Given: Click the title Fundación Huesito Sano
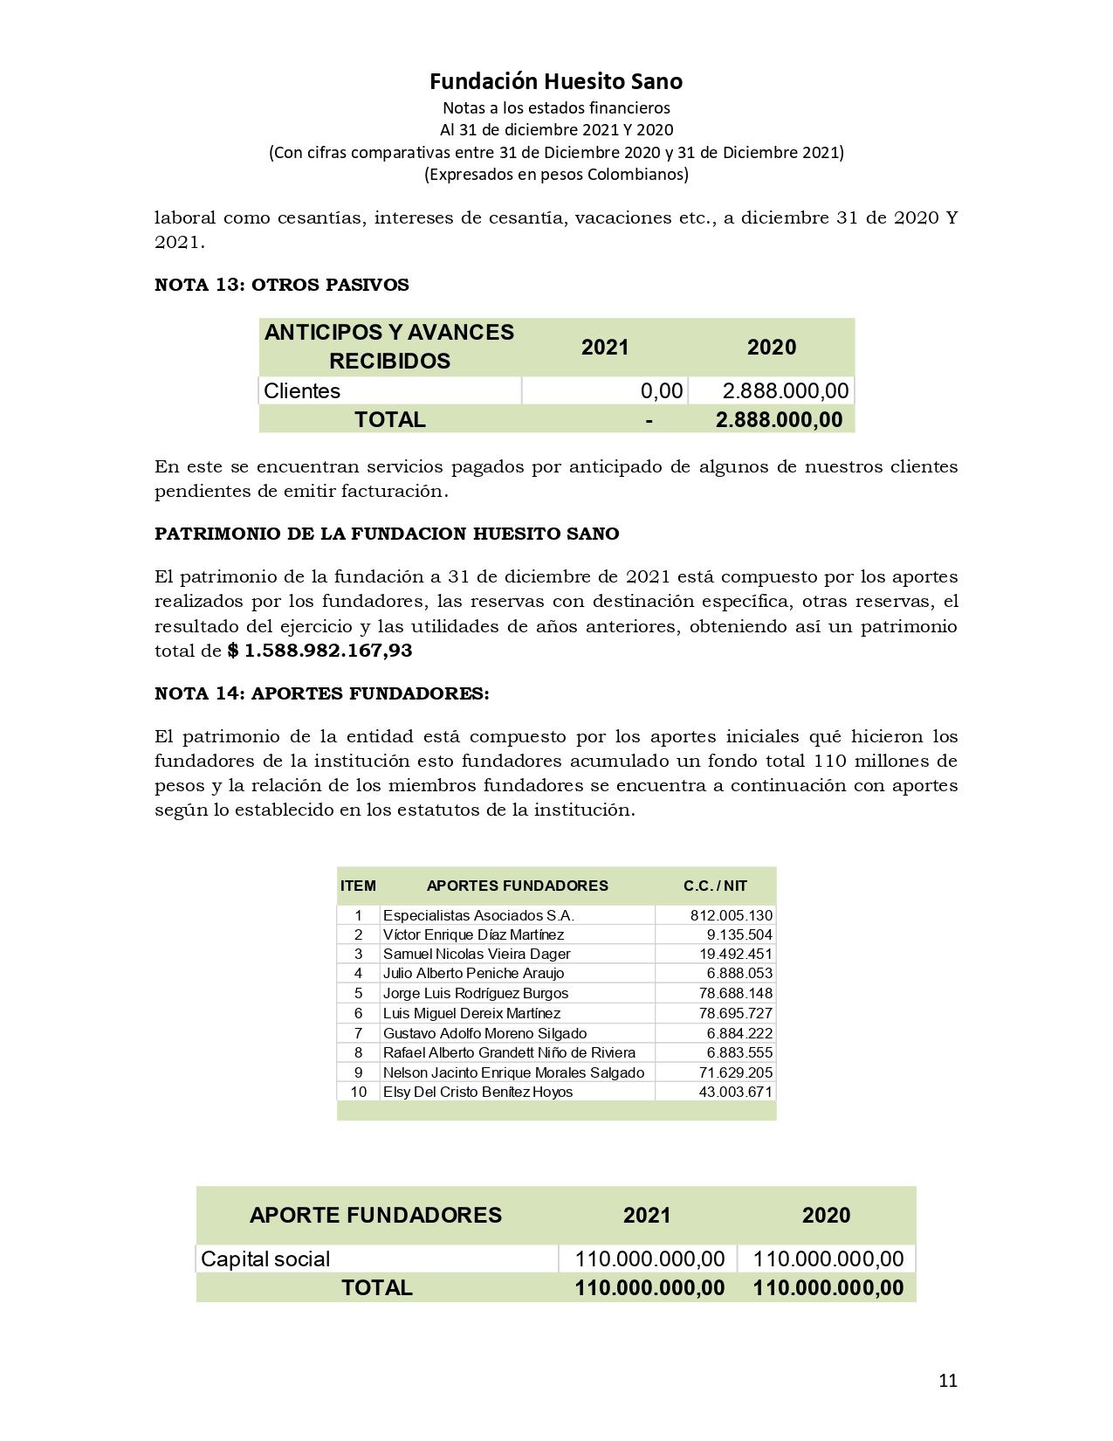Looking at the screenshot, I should [556, 81].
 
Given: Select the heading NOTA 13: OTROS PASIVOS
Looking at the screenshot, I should [282, 285].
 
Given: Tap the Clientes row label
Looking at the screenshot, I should [302, 390].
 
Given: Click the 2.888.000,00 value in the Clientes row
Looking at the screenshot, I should [785, 390].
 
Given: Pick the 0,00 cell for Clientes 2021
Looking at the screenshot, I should [661, 390].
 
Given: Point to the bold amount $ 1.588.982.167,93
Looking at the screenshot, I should [319, 651].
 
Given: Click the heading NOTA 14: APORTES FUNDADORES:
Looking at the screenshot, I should [322, 693].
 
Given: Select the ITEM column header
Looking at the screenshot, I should [358, 886].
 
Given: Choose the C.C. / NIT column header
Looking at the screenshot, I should [715, 886].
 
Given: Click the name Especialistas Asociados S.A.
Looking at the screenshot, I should [478, 915].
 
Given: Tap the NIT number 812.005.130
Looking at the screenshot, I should [731, 915].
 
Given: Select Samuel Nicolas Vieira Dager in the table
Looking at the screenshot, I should [477, 954].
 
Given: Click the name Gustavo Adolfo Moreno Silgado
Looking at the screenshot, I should [484, 1033].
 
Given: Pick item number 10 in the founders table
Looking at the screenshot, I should [358, 1092].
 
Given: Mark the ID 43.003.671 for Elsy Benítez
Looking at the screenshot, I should [735, 1092].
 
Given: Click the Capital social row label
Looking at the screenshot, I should [265, 1258].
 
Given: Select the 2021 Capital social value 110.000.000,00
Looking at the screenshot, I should [649, 1258].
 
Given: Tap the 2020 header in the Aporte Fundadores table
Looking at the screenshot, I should [826, 1215].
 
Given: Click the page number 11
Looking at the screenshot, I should [948, 1380].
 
